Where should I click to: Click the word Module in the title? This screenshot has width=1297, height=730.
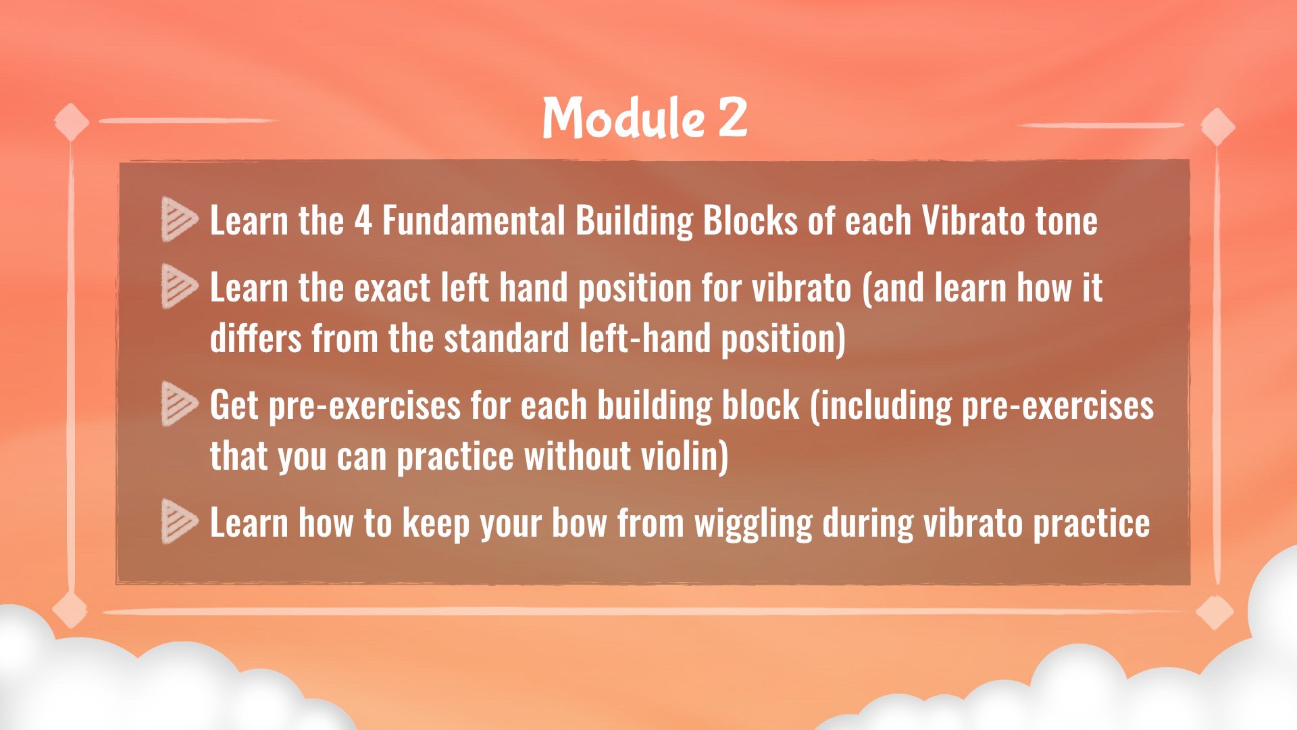pos(624,118)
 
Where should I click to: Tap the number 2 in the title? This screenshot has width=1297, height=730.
pos(733,118)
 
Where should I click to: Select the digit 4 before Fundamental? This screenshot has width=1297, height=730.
pos(363,221)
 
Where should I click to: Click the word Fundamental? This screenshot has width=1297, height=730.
pos(474,221)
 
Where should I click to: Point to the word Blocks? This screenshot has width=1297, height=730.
pos(751,221)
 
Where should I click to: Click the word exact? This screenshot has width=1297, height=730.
pos(392,289)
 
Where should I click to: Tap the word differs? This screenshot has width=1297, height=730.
pos(255,338)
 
